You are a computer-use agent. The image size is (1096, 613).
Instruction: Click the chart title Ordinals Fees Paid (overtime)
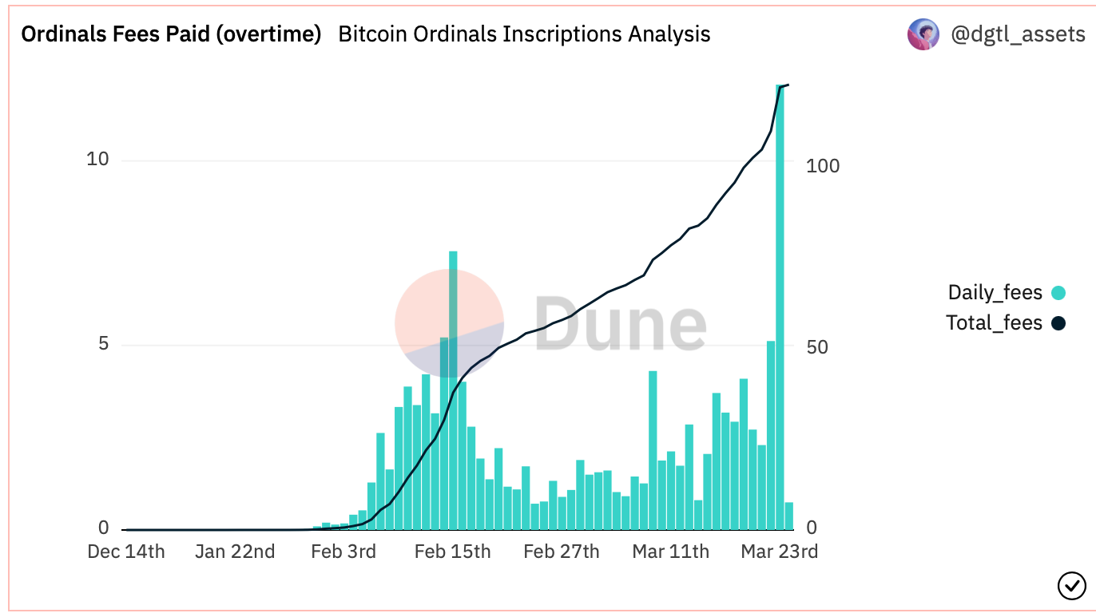pos(171,34)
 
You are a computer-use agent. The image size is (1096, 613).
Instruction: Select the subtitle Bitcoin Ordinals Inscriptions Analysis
pos(524,34)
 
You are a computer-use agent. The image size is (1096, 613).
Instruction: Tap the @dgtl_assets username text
pos(1018,34)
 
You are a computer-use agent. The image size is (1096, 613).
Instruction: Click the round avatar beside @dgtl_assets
pos(923,34)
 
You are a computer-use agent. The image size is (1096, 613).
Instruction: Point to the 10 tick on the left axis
pos(97,160)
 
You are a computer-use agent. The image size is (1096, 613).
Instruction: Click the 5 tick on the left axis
pos(103,345)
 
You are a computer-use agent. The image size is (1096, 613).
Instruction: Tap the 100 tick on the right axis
pos(823,166)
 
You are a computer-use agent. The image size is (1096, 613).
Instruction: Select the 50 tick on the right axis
pos(818,348)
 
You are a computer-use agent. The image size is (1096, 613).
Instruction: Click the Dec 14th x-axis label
pos(126,552)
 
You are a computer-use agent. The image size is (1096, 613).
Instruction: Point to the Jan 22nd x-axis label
pos(235,552)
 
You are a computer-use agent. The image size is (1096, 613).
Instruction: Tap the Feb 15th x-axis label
pos(452,552)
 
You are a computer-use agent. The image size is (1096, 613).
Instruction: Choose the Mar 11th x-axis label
pos(670,552)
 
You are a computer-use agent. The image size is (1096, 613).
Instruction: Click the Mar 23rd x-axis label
pos(779,552)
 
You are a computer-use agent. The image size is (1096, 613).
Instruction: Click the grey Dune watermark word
pos(620,323)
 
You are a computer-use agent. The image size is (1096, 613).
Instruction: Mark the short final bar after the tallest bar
pos(789,516)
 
